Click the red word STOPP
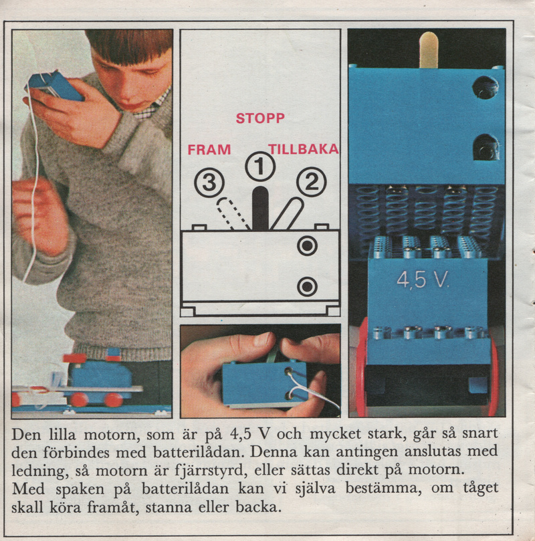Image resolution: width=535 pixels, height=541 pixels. coord(260,118)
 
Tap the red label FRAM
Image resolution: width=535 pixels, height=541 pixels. coord(209,150)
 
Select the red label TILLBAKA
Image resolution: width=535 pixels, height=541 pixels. coord(304,149)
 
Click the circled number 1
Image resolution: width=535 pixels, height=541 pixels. coord(260,167)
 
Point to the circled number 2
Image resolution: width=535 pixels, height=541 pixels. coord(312,182)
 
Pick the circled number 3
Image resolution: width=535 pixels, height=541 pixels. coord(209,183)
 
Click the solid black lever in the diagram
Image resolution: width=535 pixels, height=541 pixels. coord(260,209)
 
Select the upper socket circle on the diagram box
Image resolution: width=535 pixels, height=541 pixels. coord(308,245)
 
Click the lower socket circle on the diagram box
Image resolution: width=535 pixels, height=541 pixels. coord(308,286)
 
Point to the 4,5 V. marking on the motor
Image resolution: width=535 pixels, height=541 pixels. coord(423,280)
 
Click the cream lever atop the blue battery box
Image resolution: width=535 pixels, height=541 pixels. coord(429,49)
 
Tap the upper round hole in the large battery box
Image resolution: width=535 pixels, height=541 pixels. coord(486,88)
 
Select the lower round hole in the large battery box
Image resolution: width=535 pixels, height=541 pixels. coord(486,148)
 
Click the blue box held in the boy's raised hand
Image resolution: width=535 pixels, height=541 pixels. coord(56,85)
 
